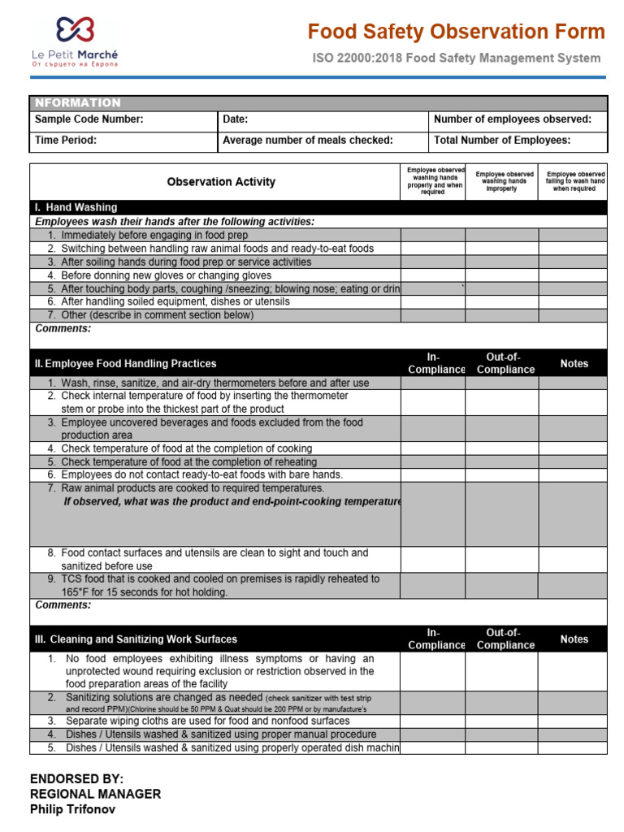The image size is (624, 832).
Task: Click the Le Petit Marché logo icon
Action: (75, 31)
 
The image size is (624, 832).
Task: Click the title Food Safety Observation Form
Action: (456, 32)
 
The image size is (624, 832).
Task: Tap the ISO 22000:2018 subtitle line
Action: (457, 58)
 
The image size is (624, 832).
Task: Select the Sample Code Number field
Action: (89, 119)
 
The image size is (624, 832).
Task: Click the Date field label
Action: (235, 119)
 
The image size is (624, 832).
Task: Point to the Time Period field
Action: (66, 140)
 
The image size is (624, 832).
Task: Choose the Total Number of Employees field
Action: (502, 140)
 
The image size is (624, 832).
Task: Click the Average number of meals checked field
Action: (308, 140)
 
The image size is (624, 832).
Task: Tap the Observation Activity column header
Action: (221, 182)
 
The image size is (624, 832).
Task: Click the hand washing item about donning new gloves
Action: (154, 275)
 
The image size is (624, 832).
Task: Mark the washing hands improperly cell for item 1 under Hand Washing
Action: (501, 235)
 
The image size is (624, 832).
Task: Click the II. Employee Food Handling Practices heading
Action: (125, 363)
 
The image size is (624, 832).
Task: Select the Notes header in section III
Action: (574, 639)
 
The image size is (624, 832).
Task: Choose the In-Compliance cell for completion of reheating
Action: (432, 461)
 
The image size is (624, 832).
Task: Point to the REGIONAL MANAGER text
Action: (95, 794)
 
